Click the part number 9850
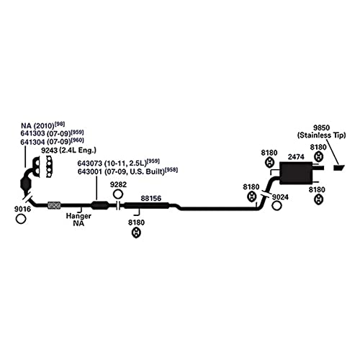click(x=321, y=127)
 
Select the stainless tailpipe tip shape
click(x=339, y=168)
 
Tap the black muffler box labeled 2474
click(x=296, y=173)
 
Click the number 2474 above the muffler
click(x=296, y=157)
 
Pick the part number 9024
click(x=280, y=197)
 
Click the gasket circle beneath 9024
click(x=276, y=206)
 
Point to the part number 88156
click(x=151, y=199)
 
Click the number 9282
click(x=118, y=185)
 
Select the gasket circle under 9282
click(x=118, y=194)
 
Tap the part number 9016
click(x=22, y=209)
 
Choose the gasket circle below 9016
click(x=21, y=219)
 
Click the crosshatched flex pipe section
click(x=54, y=205)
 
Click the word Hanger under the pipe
click(x=78, y=216)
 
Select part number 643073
click(x=90, y=163)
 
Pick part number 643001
click(x=90, y=172)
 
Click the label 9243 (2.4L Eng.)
click(x=68, y=150)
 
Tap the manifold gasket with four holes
click(x=49, y=166)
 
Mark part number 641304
click(x=32, y=142)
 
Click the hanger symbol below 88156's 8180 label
click(x=136, y=233)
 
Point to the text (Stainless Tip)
click(x=322, y=135)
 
